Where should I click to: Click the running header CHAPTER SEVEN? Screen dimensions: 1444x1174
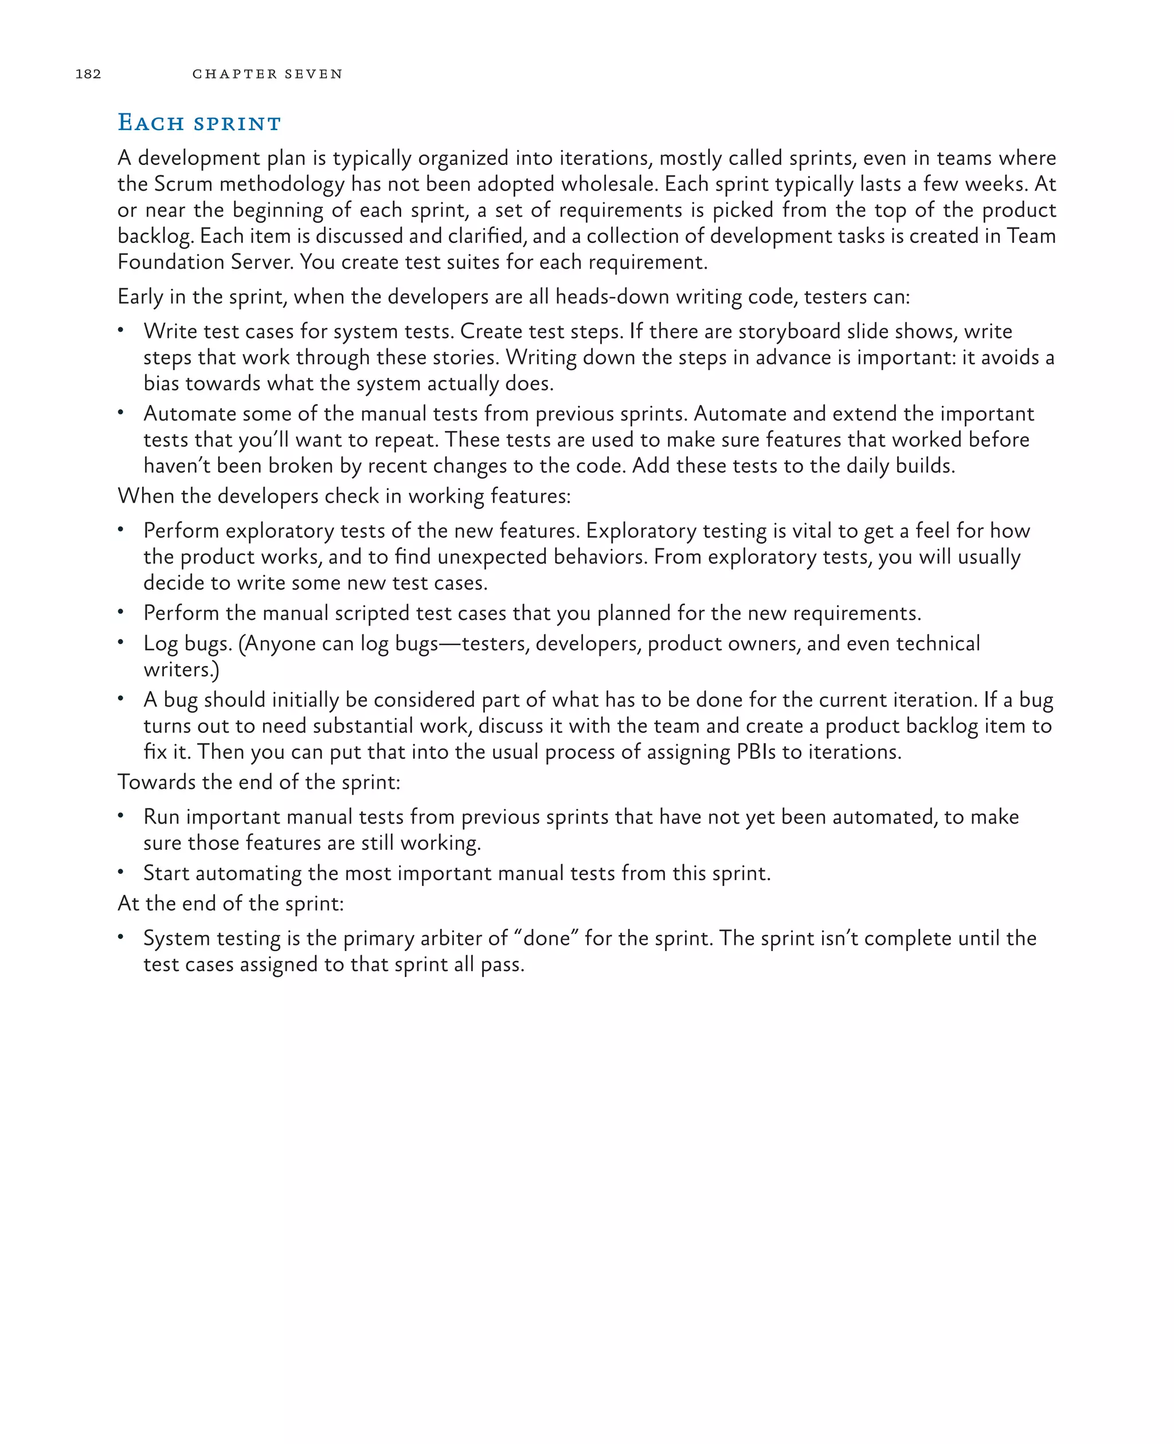[267, 74]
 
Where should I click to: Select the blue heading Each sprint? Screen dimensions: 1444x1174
[199, 123]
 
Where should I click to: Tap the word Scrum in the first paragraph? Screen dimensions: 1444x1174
[183, 184]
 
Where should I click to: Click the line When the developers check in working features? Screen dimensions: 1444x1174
[343, 496]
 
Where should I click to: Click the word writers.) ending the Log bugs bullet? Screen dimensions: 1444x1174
[181, 670]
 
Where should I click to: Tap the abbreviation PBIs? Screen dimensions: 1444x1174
[756, 752]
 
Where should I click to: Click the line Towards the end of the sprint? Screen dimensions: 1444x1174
[259, 783]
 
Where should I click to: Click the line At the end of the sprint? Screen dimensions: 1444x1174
[230, 904]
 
